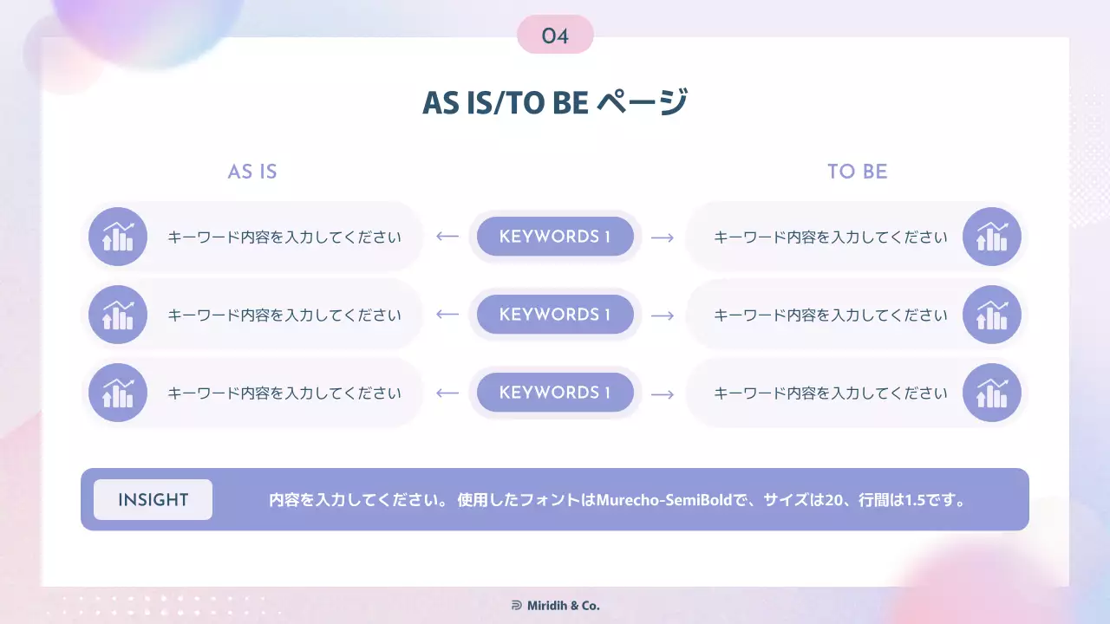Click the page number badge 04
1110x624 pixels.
555,36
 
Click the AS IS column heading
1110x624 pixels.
252,172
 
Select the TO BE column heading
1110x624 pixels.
857,172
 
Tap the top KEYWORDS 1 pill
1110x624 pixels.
555,237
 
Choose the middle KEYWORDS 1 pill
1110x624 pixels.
555,315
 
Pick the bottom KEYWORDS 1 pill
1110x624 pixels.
555,393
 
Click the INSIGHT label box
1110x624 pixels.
153,500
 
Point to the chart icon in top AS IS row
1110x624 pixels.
118,237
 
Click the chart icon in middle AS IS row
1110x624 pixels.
118,315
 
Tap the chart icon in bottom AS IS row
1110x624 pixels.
118,393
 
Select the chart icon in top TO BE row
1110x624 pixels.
992,237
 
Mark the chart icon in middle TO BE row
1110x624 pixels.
992,315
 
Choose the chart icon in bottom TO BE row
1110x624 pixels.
992,393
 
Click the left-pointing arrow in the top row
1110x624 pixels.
447,237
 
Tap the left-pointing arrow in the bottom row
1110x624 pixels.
447,393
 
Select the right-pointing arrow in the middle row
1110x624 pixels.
663,315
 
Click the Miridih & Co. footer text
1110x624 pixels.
564,606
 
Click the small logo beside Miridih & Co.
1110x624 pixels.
517,606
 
